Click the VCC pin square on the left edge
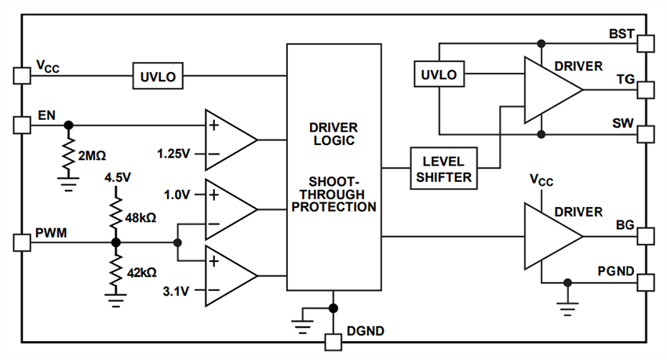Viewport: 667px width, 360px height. click(21, 76)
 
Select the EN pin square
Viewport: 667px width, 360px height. click(21, 125)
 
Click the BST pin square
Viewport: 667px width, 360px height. click(645, 42)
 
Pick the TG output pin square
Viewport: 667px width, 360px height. click(645, 89)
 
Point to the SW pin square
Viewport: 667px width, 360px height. click(645, 133)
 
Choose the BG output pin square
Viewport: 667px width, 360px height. click(645, 236)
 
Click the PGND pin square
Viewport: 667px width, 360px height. click(645, 282)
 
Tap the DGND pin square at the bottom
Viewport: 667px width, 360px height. click(333, 342)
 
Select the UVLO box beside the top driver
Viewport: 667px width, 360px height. click(439, 75)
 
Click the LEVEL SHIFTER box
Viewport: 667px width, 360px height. click(444, 169)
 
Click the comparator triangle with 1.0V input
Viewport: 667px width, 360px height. click(229, 209)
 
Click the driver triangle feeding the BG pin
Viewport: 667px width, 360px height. click(550, 236)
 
